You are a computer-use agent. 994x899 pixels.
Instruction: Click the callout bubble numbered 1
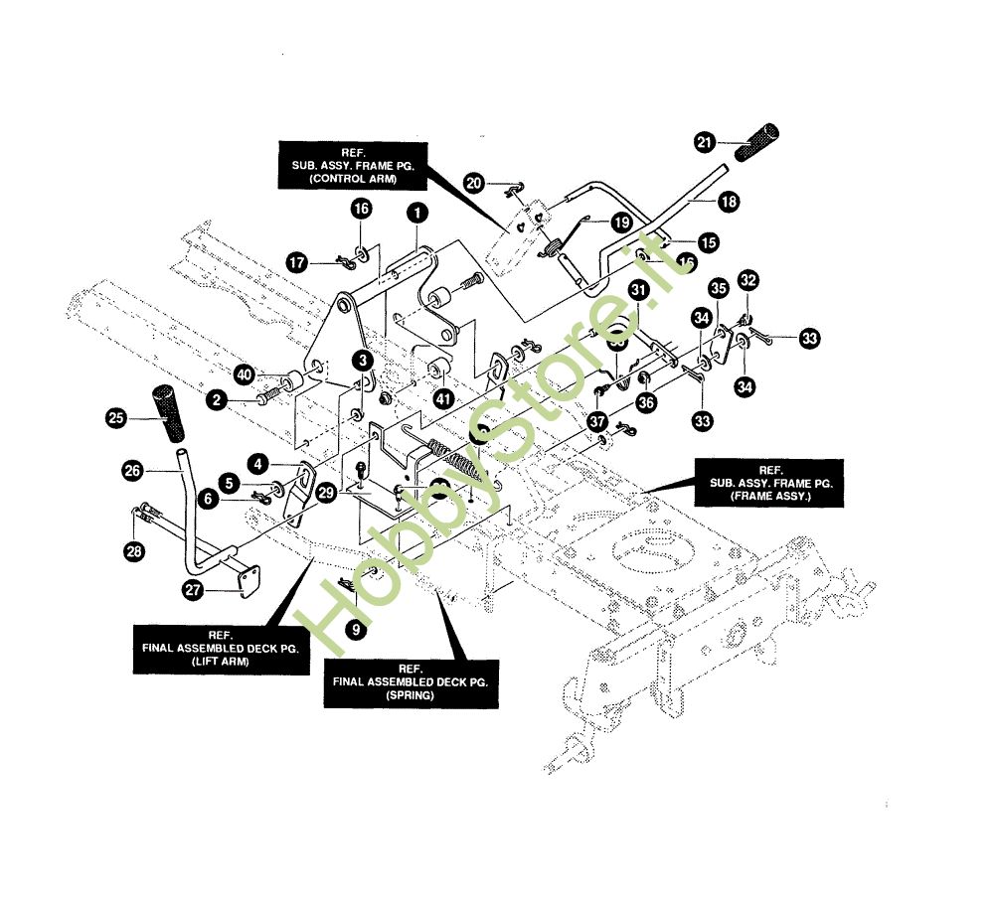[x=416, y=212]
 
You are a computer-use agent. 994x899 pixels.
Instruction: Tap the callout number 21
[x=705, y=143]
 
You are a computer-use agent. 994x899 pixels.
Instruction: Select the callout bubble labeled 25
[x=116, y=419]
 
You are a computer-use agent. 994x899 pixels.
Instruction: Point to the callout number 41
[x=442, y=397]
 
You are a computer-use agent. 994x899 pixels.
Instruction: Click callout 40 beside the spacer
[x=245, y=375]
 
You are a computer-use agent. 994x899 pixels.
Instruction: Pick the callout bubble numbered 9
[x=355, y=628]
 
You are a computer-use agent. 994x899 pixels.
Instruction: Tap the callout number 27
[x=192, y=589]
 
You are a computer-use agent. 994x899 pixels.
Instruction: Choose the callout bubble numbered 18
[x=729, y=202]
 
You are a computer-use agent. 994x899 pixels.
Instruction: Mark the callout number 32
[x=748, y=280]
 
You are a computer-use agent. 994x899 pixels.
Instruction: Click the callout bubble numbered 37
[x=596, y=421]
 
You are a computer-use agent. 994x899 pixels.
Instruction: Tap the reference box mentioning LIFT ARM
[x=220, y=650]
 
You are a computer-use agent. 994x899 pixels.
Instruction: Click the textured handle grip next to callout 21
[x=755, y=143]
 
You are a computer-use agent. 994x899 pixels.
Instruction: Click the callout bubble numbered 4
[x=257, y=464]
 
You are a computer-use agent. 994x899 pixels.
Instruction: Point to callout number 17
[x=297, y=261]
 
